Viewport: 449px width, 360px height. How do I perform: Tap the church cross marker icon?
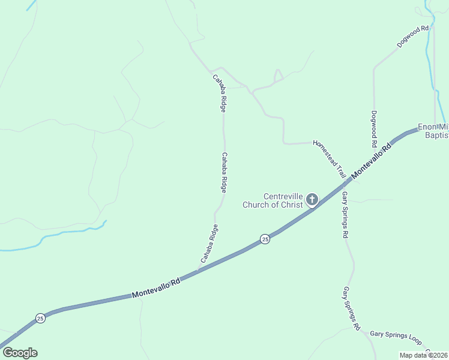coord(312,199)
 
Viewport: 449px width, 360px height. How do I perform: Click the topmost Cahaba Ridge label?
coord(219,93)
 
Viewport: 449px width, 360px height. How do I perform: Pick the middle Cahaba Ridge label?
coord(224,172)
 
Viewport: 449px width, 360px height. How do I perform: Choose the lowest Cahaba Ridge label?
coord(209,244)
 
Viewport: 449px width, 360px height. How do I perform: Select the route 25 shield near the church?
coord(265,239)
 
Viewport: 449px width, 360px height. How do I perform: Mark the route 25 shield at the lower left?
coord(40,317)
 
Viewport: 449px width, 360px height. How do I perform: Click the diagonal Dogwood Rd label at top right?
coord(414,37)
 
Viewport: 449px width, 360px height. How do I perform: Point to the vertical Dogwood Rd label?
coord(373,129)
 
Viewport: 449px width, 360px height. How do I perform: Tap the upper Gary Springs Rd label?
coord(345,215)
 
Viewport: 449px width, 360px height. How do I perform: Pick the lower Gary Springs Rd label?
coord(351,308)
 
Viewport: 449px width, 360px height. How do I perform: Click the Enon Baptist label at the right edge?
coord(433,131)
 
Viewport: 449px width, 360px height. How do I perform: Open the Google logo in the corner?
coord(20,353)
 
